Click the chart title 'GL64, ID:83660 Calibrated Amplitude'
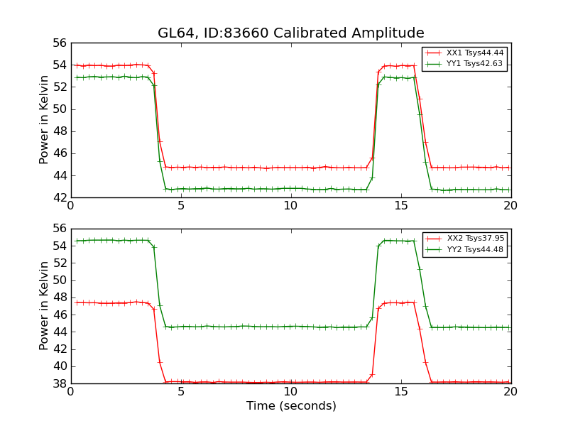tap(290, 33)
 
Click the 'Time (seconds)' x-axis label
tap(291, 406)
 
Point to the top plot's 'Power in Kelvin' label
tap(45, 120)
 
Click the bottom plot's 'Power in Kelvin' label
tap(45, 305)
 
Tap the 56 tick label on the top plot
tap(58, 43)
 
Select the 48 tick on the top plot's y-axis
tap(58, 131)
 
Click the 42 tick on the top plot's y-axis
tap(58, 197)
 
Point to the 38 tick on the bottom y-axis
tap(58, 383)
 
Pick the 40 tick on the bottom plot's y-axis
tap(58, 366)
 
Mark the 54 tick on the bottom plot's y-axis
tap(58, 246)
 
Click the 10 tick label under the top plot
tap(291, 207)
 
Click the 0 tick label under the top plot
tap(70, 207)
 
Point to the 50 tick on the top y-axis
tap(58, 109)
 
